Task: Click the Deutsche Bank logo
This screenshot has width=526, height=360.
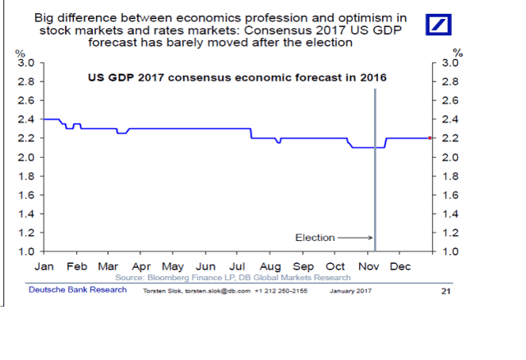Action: (438, 25)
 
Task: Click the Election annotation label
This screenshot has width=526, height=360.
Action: (314, 238)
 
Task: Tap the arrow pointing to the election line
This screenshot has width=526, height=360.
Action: (354, 238)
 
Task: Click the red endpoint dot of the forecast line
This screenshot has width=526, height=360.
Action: (430, 138)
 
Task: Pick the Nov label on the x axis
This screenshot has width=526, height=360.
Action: (368, 267)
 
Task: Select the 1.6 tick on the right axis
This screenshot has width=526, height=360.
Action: (451, 195)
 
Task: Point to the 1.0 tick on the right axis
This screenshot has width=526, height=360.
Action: (451, 251)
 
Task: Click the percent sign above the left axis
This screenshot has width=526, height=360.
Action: (19, 53)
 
